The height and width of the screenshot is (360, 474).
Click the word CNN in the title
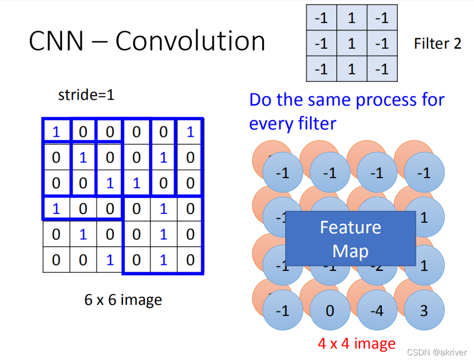[x=56, y=41]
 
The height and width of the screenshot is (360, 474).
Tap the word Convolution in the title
[x=190, y=41]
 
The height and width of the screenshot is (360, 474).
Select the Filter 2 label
[x=437, y=44]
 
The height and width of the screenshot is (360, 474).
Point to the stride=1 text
[x=86, y=95]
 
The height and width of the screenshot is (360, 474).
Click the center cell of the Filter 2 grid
[x=351, y=44]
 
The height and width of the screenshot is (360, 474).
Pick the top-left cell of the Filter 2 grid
[x=321, y=18]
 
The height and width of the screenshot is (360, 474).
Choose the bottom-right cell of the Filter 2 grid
[x=382, y=69]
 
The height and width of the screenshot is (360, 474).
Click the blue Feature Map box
[x=351, y=239]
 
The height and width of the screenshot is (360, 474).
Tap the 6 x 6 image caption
[x=123, y=300]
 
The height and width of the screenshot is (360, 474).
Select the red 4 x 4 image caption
[x=357, y=343]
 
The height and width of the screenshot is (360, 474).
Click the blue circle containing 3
[x=424, y=310]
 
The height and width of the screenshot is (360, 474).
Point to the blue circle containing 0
[x=330, y=310]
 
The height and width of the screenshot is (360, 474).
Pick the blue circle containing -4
[x=377, y=310]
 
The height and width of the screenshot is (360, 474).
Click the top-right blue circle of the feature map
[x=424, y=173]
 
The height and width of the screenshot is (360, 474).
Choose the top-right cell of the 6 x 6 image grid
[x=190, y=132]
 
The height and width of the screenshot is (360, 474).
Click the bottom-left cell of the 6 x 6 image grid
[x=56, y=260]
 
